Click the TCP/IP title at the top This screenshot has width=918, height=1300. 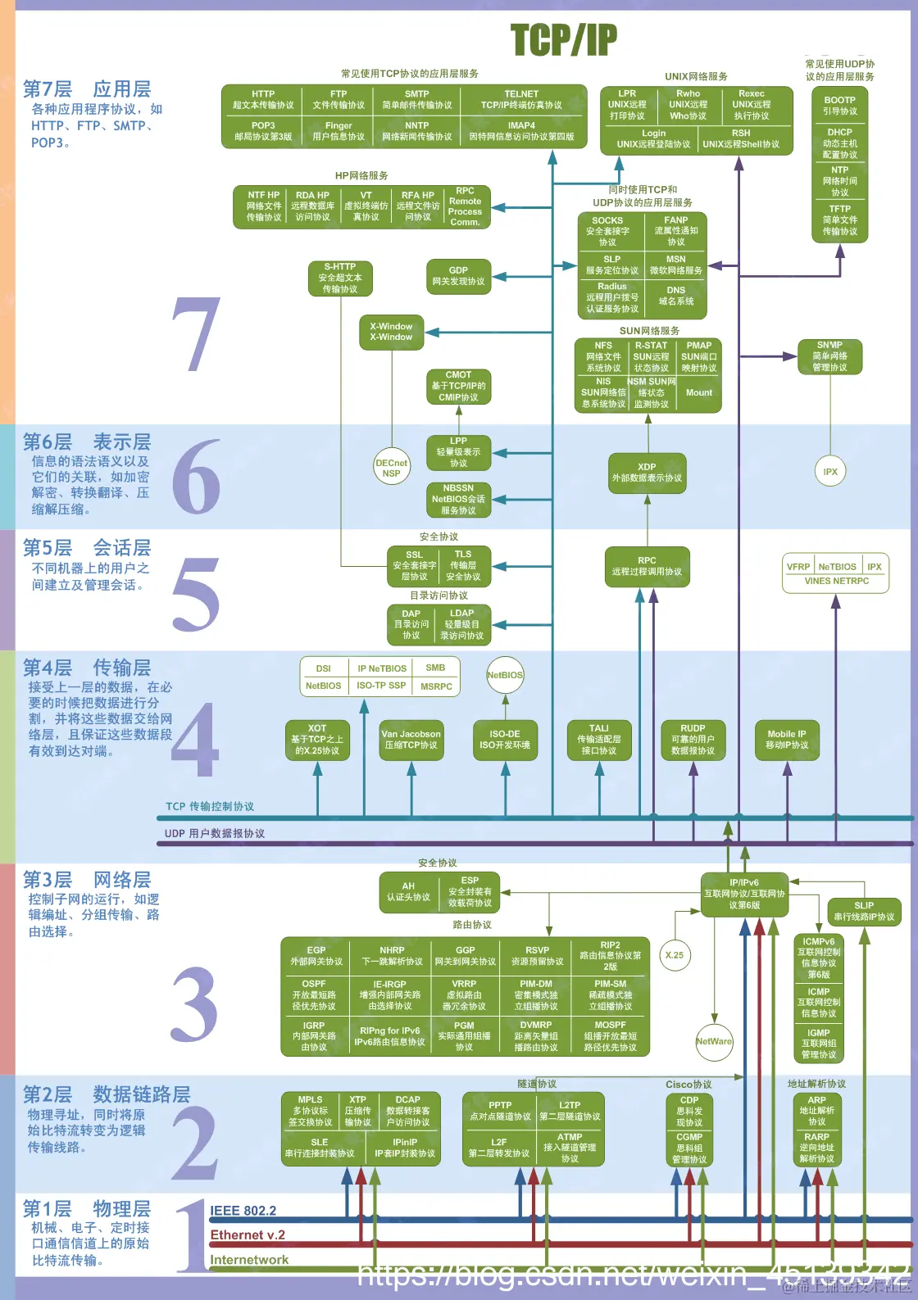coord(563,39)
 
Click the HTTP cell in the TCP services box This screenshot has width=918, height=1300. coord(263,100)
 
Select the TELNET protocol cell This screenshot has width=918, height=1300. coord(521,100)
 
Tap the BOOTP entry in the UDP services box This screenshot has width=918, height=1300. coord(839,106)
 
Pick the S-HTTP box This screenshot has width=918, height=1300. coord(340,278)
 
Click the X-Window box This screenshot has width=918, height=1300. coord(391,332)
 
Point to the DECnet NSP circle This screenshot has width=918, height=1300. coord(391,468)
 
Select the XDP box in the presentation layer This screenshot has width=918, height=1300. coord(647,473)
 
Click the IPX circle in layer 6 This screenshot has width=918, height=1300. coord(830,472)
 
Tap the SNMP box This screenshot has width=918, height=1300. coord(829,356)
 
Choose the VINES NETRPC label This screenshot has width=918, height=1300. coord(836,581)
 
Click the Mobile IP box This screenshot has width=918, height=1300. coord(787,740)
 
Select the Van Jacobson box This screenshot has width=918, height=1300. coord(411,740)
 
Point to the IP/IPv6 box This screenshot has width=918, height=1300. coord(744,895)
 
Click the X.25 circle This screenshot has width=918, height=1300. coord(675,955)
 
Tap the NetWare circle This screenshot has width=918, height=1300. coord(714,1042)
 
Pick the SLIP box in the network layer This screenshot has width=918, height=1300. coord(864,912)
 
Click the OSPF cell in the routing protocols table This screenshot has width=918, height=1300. coord(314,994)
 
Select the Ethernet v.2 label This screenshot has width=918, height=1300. coord(248,1235)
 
